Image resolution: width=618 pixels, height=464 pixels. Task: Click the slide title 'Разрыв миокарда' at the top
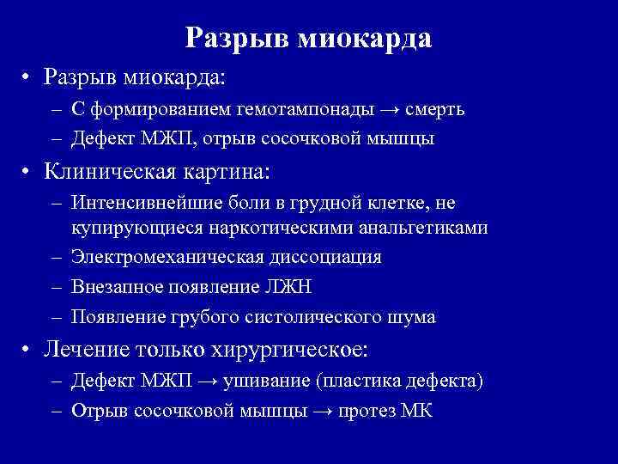coord(308,38)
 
